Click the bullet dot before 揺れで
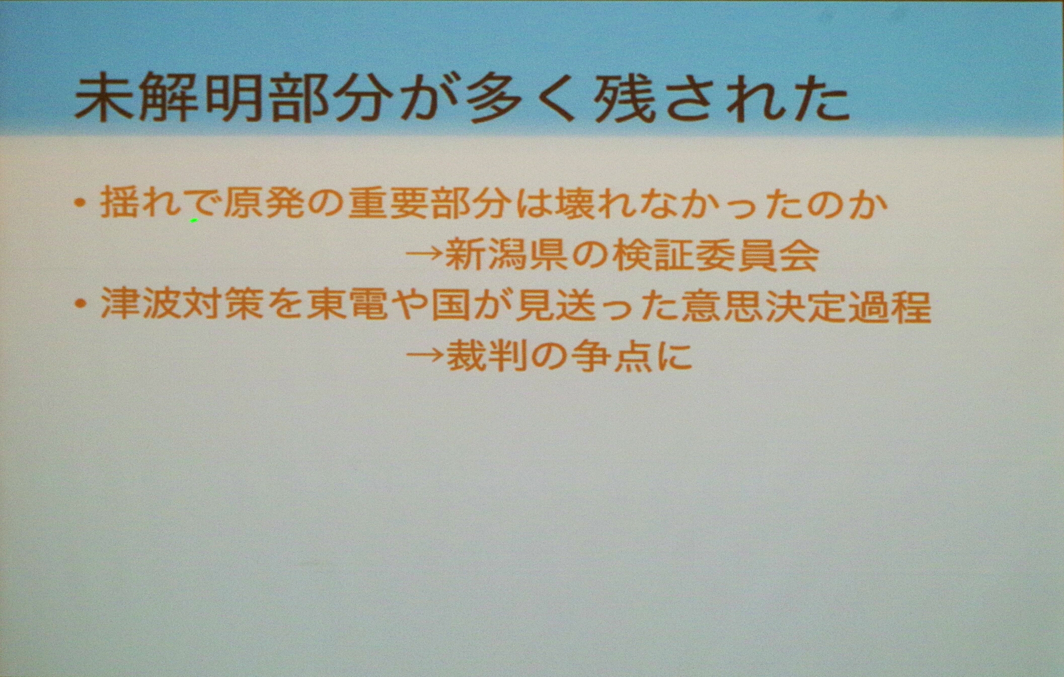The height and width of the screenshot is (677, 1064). point(80,203)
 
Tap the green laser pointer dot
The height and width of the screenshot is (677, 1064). point(194,220)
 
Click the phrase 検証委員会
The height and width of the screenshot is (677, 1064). point(716,255)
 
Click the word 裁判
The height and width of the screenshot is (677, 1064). point(488,356)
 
